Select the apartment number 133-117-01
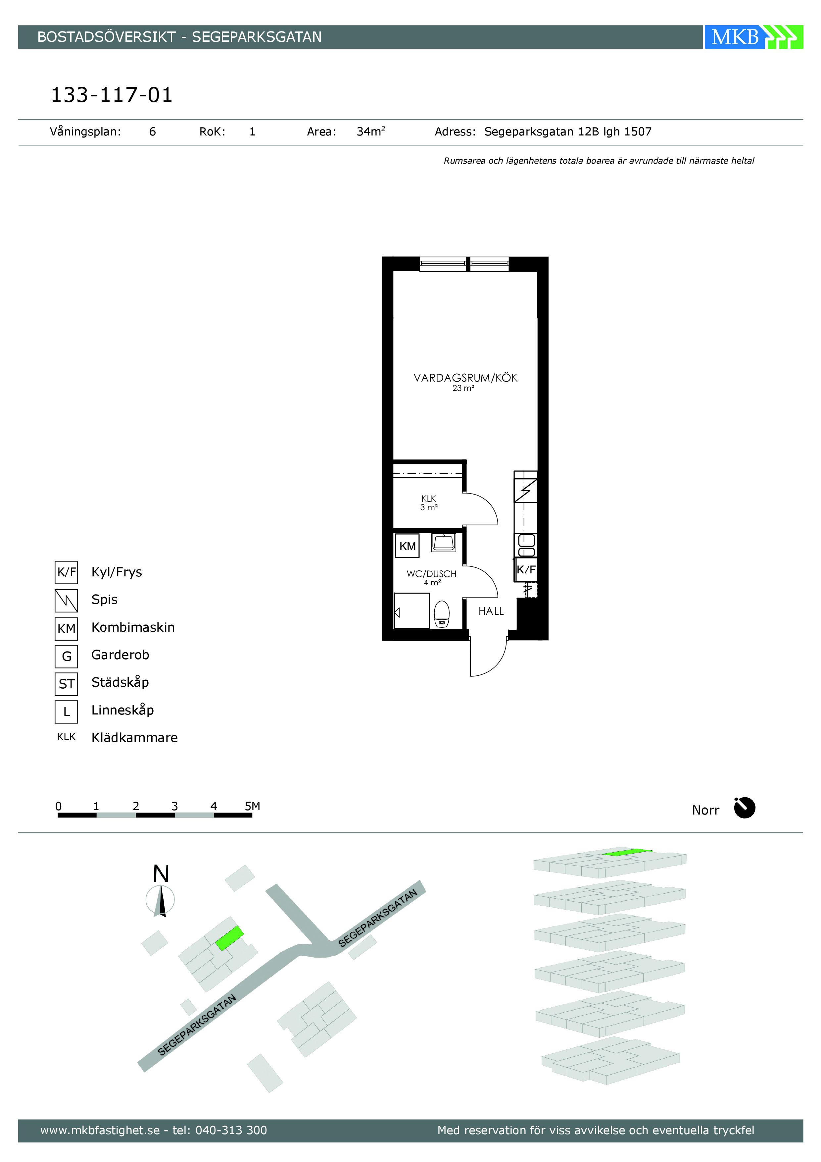[x=112, y=95]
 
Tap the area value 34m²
[x=371, y=132]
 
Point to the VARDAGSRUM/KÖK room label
[x=465, y=378]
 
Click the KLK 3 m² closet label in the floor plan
[x=428, y=502]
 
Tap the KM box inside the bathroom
[x=407, y=546]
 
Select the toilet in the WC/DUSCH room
[x=442, y=614]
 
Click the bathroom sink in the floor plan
[x=444, y=543]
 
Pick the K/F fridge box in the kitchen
[x=526, y=570]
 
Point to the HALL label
[x=491, y=611]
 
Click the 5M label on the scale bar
[x=252, y=806]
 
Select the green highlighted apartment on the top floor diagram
[x=627, y=853]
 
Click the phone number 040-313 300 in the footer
[x=231, y=1130]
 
